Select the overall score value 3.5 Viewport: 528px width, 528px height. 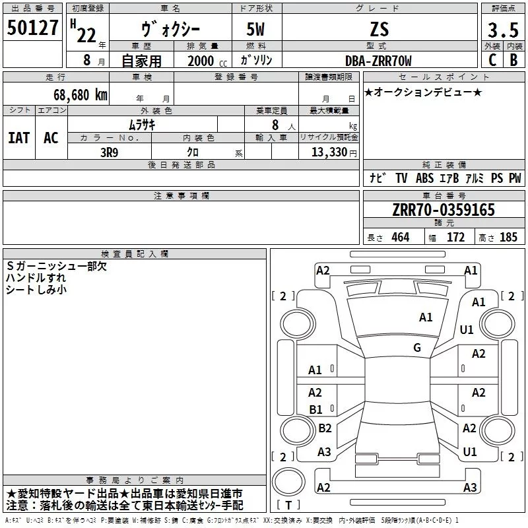503,30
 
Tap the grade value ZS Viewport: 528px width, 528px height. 379,29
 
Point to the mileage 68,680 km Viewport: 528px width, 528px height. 74,94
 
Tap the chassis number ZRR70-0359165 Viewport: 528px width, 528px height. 444,210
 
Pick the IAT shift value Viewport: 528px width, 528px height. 18,138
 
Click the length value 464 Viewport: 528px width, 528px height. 400,238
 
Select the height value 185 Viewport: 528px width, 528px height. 508,238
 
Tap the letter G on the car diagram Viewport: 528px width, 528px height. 417,348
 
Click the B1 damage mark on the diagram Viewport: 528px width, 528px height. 315,410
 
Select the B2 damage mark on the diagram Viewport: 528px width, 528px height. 325,428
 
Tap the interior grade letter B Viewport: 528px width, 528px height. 513,60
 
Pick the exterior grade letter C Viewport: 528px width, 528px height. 492,60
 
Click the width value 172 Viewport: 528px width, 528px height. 456,238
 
